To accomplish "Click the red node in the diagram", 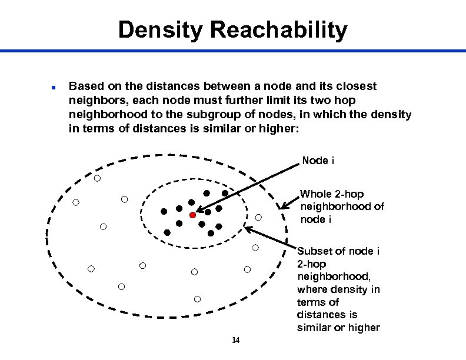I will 192,215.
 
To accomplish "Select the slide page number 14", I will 235,340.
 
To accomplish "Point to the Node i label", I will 318,161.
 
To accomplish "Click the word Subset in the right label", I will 315,251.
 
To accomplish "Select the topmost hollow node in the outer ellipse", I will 97,178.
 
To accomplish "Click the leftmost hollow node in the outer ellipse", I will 76,202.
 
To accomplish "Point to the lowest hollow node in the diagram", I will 198,299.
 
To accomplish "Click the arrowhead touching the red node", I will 200,211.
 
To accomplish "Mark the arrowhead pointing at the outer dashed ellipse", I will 284,206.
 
